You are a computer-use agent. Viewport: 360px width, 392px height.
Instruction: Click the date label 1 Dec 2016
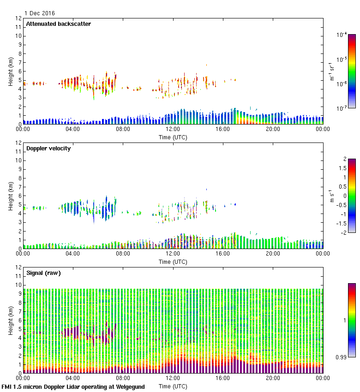click(39, 13)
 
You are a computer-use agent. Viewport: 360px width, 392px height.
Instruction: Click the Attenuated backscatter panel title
click(58, 24)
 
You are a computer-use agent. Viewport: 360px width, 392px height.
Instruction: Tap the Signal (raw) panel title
click(43, 273)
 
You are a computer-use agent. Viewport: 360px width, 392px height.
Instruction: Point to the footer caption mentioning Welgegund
click(73, 387)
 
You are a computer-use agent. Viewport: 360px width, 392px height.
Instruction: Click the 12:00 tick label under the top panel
click(173, 130)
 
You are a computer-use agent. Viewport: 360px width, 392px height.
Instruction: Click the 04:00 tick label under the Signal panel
click(72, 379)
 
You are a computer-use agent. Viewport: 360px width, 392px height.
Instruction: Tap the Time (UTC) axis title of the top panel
click(173, 137)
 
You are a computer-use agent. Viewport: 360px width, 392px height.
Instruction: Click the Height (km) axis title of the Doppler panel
click(11, 196)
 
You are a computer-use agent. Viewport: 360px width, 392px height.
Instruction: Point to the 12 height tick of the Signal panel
click(18, 267)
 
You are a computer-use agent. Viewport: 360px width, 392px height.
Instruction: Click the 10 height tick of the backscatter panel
click(18, 36)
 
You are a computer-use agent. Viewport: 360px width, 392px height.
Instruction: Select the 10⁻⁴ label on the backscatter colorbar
click(342, 35)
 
